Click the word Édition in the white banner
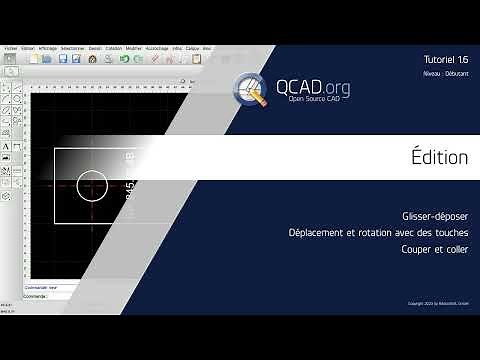439,156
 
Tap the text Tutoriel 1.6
446,61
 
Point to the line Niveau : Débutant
446,76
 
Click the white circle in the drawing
91,185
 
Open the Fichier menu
10,47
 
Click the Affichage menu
47,47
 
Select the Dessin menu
94,47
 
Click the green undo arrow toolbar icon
124,59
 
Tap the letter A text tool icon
7,145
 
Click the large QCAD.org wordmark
310,86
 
